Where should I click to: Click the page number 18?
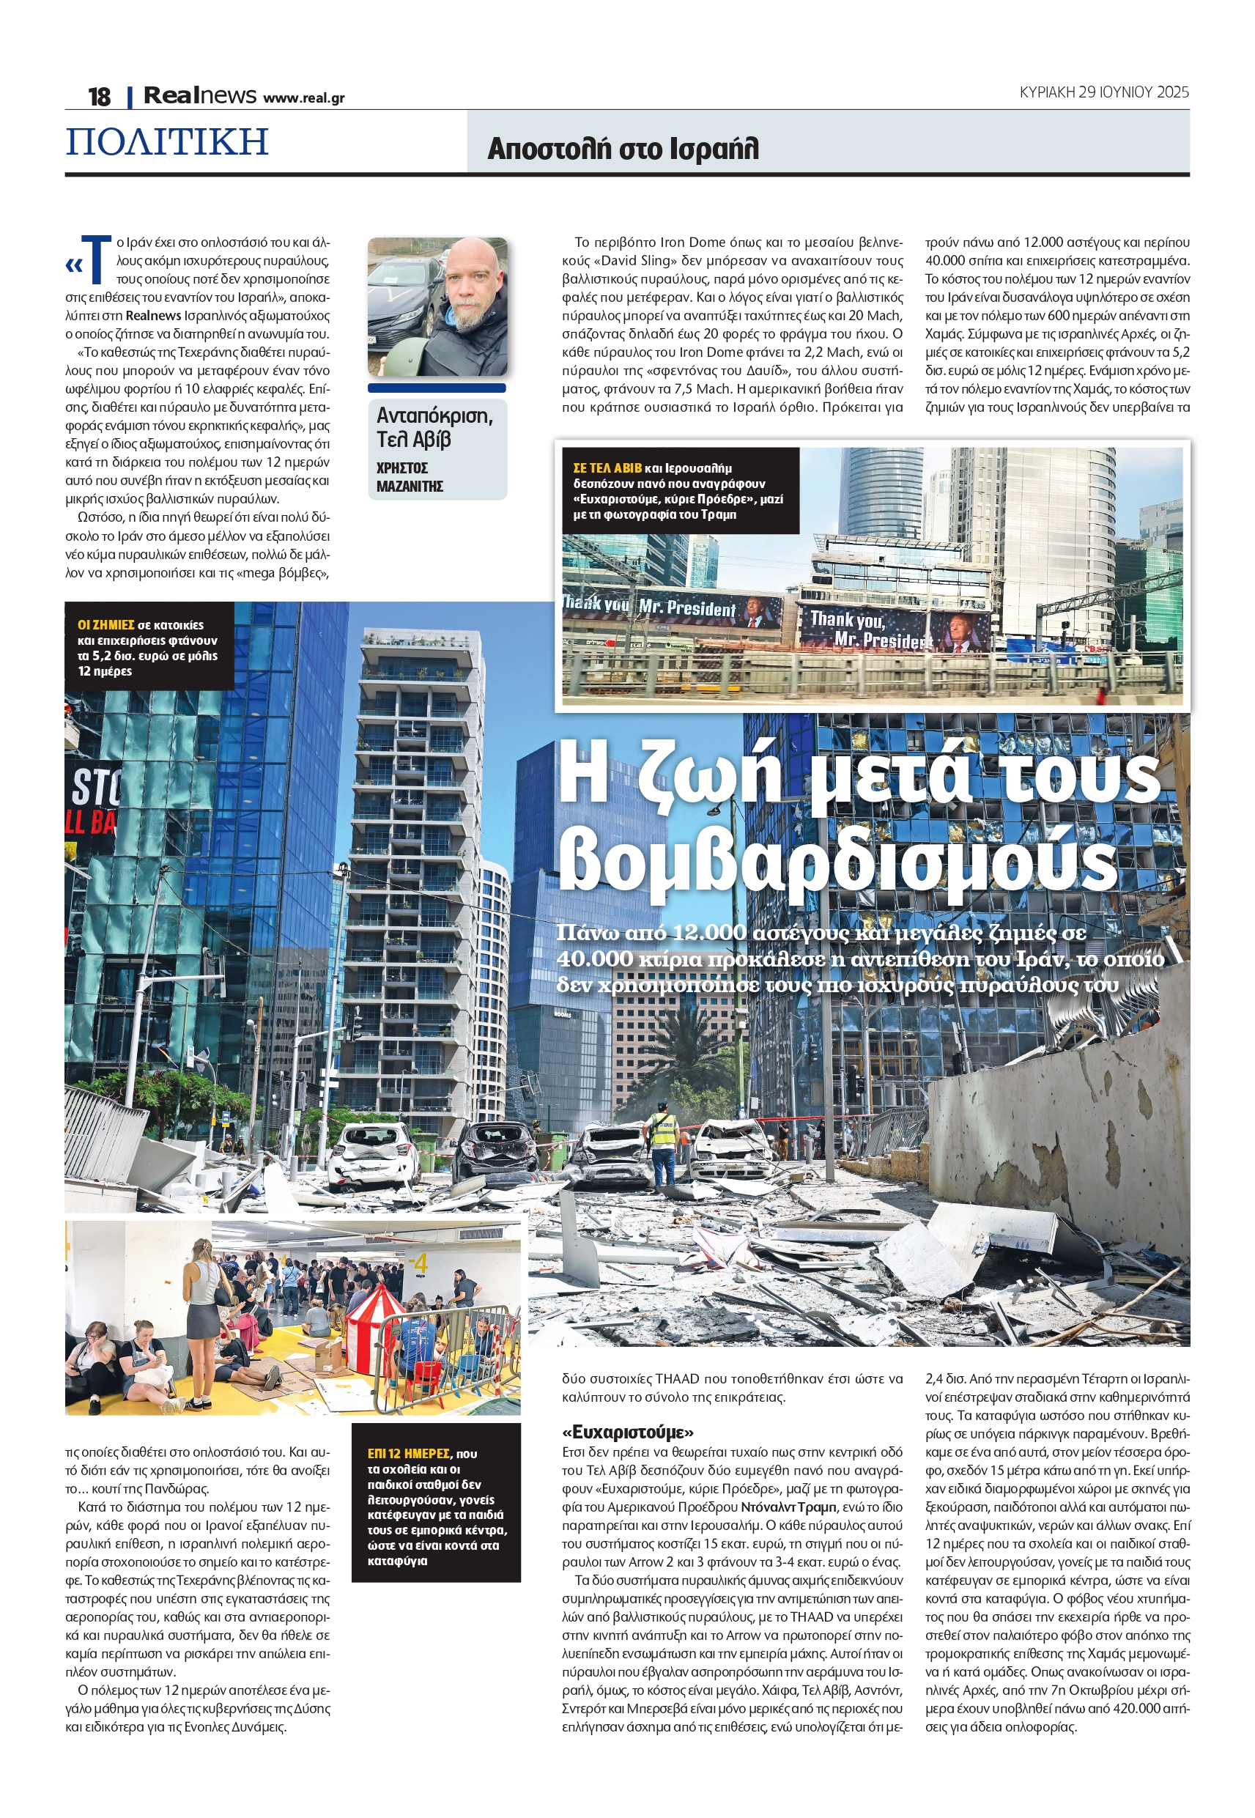(x=99, y=97)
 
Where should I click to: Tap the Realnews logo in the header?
(x=200, y=96)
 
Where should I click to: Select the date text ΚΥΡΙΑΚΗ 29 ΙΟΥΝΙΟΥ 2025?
(x=1103, y=92)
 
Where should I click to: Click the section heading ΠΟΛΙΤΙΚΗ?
(x=167, y=141)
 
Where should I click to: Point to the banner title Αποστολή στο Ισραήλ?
(x=623, y=148)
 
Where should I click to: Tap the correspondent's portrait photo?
(x=437, y=307)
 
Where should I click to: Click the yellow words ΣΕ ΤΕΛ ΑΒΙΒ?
(x=607, y=468)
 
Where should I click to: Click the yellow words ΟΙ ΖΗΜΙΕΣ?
(x=105, y=625)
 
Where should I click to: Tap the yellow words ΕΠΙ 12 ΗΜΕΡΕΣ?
(x=409, y=1454)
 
